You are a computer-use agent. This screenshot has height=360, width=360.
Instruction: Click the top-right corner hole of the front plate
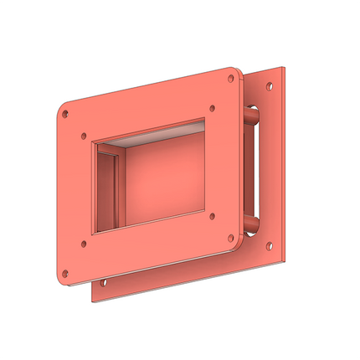pos(231,78)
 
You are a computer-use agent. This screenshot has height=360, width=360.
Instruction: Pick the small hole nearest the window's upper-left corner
pos(83,136)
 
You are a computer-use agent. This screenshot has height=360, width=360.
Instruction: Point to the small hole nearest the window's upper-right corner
pos(213,107)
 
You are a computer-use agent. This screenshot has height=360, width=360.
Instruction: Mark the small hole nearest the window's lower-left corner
pos(83,245)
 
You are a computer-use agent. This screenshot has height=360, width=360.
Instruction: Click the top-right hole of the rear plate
pos(269,85)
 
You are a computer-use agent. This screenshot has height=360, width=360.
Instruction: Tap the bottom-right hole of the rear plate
pos(269,245)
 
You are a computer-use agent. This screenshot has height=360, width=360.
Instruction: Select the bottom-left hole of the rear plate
pos(104,283)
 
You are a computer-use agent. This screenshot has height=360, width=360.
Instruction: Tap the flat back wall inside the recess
pos(163,180)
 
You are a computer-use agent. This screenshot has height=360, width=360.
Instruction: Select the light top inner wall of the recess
pos(159,136)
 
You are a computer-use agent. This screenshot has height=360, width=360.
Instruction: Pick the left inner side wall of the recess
pos(106,188)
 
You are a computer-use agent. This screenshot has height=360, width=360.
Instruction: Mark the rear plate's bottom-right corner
pos(285,257)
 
